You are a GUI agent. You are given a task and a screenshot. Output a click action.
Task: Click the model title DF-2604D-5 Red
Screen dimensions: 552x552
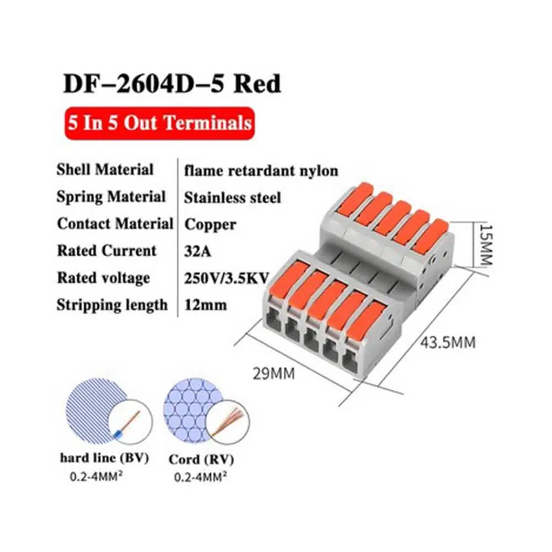click(x=172, y=83)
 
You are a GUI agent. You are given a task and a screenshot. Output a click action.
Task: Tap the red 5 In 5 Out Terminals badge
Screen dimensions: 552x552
click(x=160, y=123)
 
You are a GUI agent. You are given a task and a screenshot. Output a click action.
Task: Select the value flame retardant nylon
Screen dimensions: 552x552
click(x=261, y=171)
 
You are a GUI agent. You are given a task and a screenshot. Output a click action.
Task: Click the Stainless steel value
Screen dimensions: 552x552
click(x=233, y=198)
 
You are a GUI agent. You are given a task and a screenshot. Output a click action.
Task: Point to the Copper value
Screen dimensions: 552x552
click(x=210, y=225)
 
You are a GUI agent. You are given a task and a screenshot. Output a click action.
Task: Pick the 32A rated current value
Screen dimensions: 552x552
click(x=198, y=251)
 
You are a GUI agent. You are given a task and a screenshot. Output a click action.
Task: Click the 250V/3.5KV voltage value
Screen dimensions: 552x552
click(x=226, y=278)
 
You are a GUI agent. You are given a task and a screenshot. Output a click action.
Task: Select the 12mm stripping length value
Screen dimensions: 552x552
click(x=205, y=305)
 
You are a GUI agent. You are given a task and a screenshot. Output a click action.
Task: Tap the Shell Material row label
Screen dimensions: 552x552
click(x=105, y=169)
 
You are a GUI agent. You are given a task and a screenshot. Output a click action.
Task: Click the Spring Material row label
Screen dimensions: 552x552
click(x=111, y=197)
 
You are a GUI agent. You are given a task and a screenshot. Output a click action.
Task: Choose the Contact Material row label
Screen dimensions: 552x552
click(x=115, y=224)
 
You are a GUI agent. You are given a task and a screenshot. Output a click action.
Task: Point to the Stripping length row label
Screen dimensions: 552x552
click(x=112, y=305)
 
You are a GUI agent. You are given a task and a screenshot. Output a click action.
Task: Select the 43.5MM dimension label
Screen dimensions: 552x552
click(x=448, y=342)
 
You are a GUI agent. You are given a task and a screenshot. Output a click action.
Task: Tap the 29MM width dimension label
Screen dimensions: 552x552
click(x=274, y=374)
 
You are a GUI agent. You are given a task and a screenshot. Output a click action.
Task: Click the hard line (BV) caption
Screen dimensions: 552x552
click(x=104, y=458)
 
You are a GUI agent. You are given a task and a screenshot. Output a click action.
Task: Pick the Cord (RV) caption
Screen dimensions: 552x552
click(x=201, y=460)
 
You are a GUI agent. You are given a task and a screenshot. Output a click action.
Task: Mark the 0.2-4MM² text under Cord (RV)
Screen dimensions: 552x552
click(x=200, y=477)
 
